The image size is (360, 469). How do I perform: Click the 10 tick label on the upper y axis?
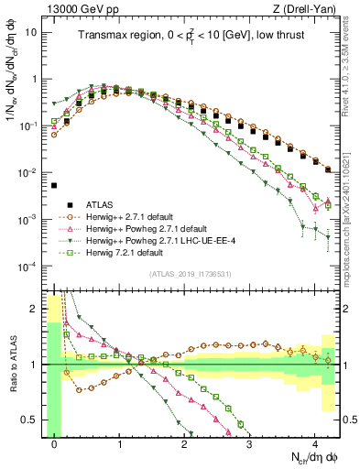[x=29, y=32]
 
